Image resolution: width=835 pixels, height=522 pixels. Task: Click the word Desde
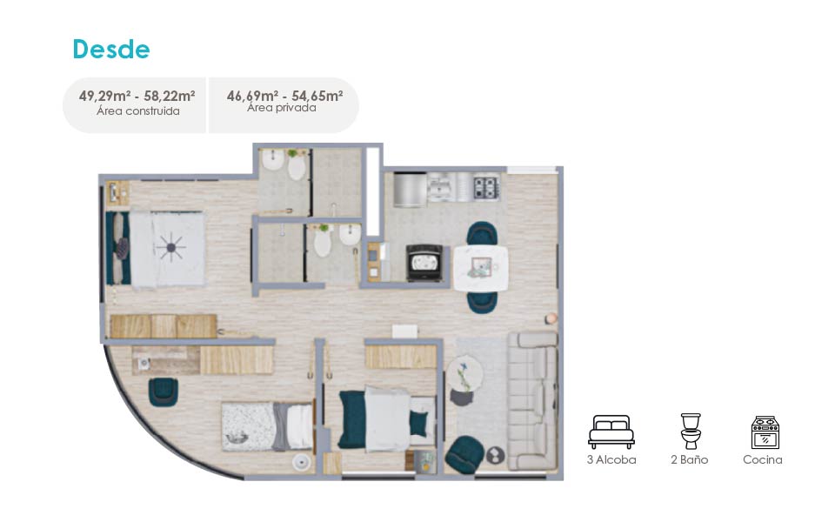pyautogui.click(x=111, y=50)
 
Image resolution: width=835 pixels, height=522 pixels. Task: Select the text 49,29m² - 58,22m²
pyautogui.click(x=137, y=96)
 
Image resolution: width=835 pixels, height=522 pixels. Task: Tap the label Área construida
pyautogui.click(x=138, y=111)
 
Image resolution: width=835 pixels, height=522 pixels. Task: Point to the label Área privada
pyautogui.click(x=282, y=108)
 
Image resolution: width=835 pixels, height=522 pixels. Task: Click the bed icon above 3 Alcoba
pyautogui.click(x=611, y=432)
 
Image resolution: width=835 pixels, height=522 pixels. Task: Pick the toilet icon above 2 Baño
pyautogui.click(x=690, y=431)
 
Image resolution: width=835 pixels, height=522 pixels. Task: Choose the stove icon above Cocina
pyautogui.click(x=765, y=432)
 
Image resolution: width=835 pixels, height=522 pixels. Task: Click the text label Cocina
pyautogui.click(x=763, y=459)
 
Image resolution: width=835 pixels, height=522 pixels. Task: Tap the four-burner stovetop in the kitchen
pyautogui.click(x=486, y=188)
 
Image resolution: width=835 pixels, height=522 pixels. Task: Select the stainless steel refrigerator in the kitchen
pyautogui.click(x=410, y=190)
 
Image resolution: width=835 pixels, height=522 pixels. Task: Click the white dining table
pyautogui.click(x=480, y=268)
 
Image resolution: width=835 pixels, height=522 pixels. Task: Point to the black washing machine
pyautogui.click(x=424, y=262)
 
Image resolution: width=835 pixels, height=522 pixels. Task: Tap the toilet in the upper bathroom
pyautogui.click(x=297, y=166)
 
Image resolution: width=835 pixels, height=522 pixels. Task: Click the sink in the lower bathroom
pyautogui.click(x=350, y=234)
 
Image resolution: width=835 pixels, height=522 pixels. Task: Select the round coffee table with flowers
pyautogui.click(x=464, y=374)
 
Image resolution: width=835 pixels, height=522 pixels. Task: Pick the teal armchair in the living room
pyautogui.click(x=464, y=454)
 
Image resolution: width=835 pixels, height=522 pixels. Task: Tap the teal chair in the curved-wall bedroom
pyautogui.click(x=163, y=392)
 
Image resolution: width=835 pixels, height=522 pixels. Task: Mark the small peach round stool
pyautogui.click(x=551, y=318)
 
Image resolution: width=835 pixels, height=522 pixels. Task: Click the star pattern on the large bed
pyautogui.click(x=171, y=248)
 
